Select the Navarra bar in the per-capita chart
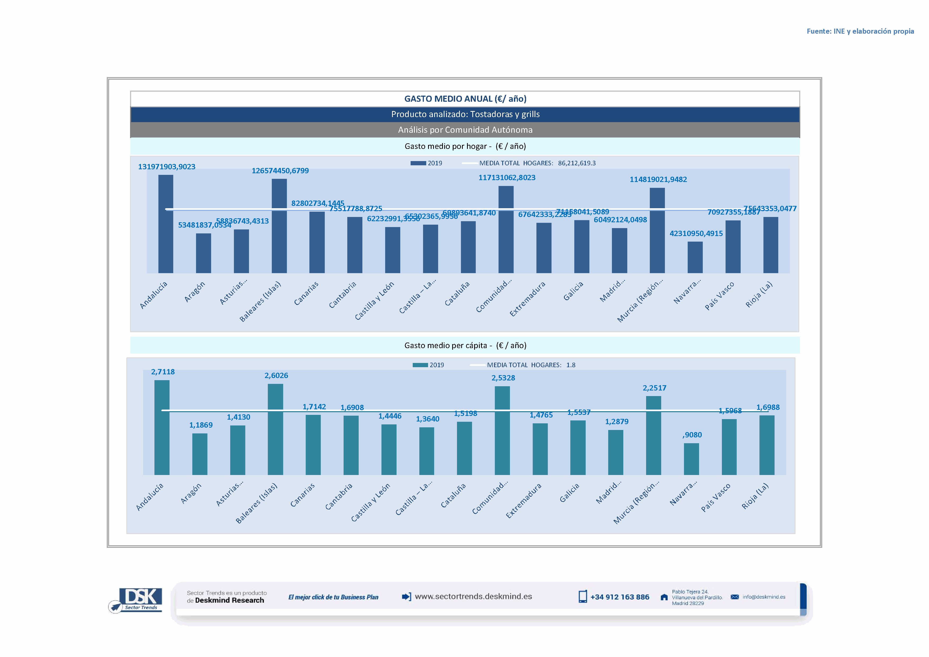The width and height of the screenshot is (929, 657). coord(691,459)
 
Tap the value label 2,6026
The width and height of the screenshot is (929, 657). coord(276,375)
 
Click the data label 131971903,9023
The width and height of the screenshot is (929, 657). coord(167,167)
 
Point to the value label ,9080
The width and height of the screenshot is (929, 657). coord(692,435)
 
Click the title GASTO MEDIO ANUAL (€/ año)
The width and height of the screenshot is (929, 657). coord(465,99)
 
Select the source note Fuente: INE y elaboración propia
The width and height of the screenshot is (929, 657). coord(860,31)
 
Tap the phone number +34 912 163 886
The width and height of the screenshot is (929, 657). coord(620,597)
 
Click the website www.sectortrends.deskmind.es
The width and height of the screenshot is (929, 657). coord(473,596)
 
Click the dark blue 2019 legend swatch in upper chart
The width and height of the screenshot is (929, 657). coord(418,163)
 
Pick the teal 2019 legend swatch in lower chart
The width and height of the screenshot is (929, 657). coord(420,365)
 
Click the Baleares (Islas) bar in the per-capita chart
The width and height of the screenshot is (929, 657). coord(275,429)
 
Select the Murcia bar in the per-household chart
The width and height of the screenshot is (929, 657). coord(657,230)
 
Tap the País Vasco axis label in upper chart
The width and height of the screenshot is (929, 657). coord(719,296)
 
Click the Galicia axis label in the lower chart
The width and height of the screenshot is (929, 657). coord(569,493)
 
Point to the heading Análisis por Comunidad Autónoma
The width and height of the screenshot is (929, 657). coord(465,130)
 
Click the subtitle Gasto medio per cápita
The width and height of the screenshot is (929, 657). coord(465,345)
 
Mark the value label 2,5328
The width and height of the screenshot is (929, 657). coord(503,378)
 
